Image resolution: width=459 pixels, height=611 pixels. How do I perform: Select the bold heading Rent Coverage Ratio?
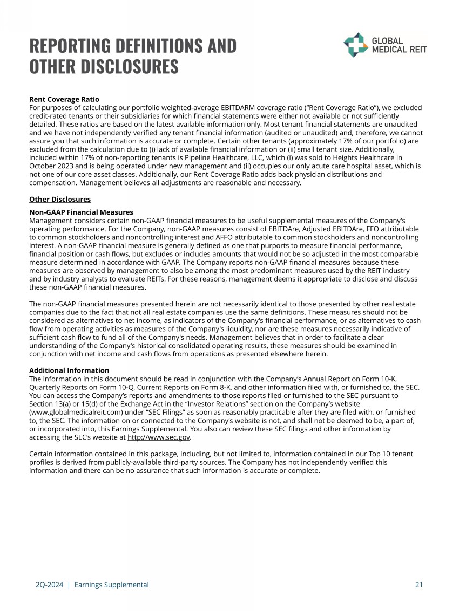[x=64, y=99]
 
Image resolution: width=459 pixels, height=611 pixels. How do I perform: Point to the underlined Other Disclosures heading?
[x=60, y=200]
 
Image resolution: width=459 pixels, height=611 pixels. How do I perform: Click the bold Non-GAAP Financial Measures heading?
[x=81, y=212]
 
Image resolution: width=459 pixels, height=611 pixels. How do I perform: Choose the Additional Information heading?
[x=69, y=370]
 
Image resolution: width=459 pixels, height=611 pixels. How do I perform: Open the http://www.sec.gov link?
[x=159, y=437]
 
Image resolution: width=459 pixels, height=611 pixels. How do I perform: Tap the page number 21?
[x=418, y=585]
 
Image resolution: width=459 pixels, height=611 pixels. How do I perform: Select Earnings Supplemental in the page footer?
[x=112, y=585]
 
